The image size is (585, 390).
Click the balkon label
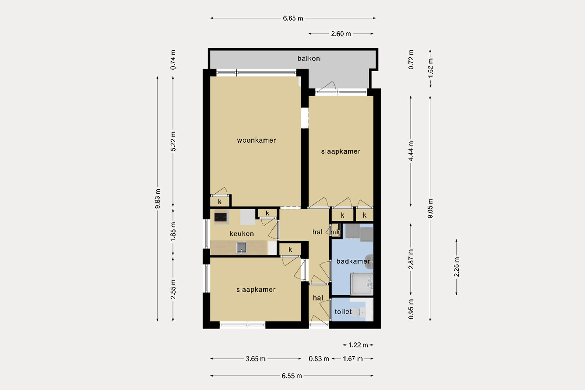click(309, 59)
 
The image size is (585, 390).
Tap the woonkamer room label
click(256, 140)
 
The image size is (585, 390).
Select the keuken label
click(242, 234)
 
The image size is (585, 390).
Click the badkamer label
click(353, 261)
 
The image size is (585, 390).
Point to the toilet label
click(343, 312)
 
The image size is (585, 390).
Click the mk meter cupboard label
click(335, 232)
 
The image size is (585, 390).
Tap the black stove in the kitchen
click(221, 217)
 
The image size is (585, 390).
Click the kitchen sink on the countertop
click(242, 248)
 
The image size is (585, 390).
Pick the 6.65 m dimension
click(293, 18)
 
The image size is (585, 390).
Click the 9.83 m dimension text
click(158, 199)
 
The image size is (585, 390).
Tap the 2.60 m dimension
click(341, 34)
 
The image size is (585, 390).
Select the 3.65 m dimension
click(255, 359)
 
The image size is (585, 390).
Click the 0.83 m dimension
click(319, 359)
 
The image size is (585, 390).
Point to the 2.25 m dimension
click(457, 267)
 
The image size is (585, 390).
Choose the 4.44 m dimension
click(411, 151)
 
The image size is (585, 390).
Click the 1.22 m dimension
click(358, 345)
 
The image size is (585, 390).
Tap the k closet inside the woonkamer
click(220, 202)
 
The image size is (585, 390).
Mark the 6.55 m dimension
click(292, 376)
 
